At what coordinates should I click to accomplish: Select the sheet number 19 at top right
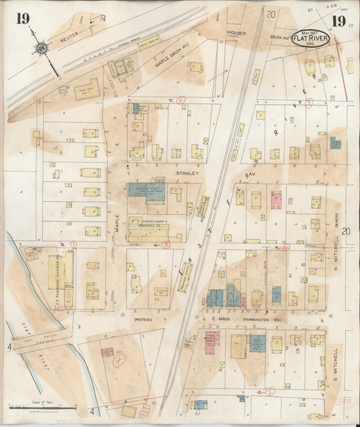pyautogui.click(x=338, y=21)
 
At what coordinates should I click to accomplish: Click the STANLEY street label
pyautogui.click(x=186, y=174)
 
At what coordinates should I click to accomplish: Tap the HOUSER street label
pyautogui.click(x=237, y=32)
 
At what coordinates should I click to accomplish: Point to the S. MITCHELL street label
pyautogui.click(x=335, y=365)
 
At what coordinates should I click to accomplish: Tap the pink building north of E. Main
pyautogui.click(x=276, y=199)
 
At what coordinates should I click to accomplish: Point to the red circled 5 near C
pyautogui.click(x=270, y=391)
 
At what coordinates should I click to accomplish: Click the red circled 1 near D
pyautogui.click(x=74, y=244)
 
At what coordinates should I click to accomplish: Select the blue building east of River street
pyautogui.click(x=335, y=143)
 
